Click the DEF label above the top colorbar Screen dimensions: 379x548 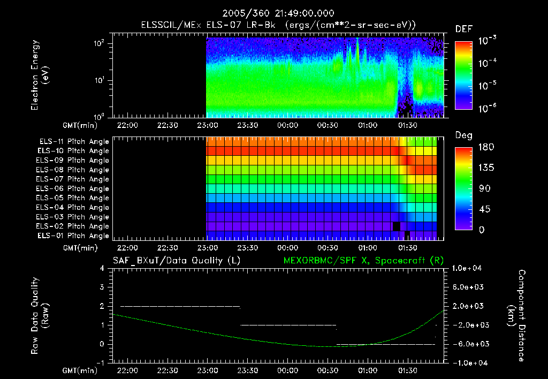[x=463, y=29]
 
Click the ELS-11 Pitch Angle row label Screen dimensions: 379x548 [x=73, y=141]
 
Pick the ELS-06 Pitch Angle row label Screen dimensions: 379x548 [x=73, y=188]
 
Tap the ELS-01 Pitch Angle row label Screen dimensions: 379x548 [x=73, y=236]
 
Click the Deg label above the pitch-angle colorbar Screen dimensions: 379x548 [x=463, y=135]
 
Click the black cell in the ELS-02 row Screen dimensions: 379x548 [x=396, y=226]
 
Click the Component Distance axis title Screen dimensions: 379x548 [x=517, y=315]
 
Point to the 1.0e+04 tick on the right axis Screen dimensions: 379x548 [x=469, y=268]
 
